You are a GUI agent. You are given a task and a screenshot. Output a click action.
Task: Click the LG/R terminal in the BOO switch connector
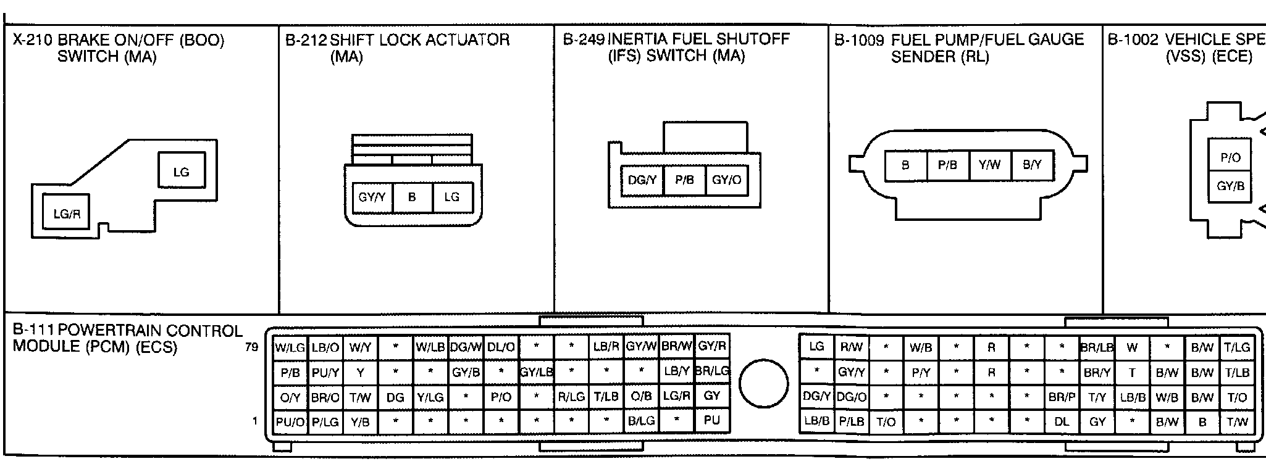coord(67,214)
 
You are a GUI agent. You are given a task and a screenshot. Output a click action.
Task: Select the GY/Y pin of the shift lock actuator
coord(372,197)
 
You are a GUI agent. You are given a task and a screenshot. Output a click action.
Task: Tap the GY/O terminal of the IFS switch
coord(726,180)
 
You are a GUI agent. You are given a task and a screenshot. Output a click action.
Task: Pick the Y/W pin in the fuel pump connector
coord(989,165)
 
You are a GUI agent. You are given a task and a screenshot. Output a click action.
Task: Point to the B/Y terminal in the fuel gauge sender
coord(1032,165)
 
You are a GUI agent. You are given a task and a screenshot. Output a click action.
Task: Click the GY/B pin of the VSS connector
coord(1230,186)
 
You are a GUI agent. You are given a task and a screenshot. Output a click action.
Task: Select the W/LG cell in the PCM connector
coord(290,347)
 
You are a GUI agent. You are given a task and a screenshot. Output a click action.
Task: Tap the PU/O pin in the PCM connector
coord(290,422)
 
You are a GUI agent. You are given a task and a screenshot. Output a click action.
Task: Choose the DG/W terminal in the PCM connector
coord(466,347)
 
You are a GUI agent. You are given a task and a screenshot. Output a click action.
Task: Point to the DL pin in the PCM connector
coord(1062,423)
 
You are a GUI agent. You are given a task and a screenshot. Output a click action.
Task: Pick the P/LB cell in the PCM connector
coord(851,423)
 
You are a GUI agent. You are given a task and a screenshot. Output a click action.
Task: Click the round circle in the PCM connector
coord(764,384)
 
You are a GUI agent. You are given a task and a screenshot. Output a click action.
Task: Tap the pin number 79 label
coord(251,347)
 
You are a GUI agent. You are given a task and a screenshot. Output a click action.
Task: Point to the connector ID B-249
coord(584,39)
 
